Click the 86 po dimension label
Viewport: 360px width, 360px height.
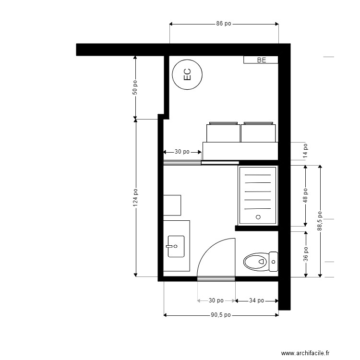(x=224, y=24)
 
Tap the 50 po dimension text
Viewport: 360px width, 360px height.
(x=135, y=87)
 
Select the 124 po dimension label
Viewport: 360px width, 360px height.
(x=135, y=197)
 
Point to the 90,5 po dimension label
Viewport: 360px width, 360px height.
(x=221, y=315)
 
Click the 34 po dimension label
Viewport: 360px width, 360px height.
(x=256, y=300)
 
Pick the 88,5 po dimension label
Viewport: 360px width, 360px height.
(x=320, y=221)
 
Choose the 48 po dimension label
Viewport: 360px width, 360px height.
(x=305, y=196)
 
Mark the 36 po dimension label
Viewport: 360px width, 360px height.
(x=306, y=254)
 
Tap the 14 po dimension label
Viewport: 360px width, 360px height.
(x=305, y=151)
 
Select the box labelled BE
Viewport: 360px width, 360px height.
(x=261, y=60)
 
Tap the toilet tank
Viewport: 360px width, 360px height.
(x=273, y=262)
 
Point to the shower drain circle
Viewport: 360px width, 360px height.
(x=258, y=217)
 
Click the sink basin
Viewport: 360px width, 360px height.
(x=176, y=246)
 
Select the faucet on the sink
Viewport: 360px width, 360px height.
(x=169, y=246)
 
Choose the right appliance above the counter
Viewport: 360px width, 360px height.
(x=258, y=132)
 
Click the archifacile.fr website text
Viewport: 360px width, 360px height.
(x=305, y=353)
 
